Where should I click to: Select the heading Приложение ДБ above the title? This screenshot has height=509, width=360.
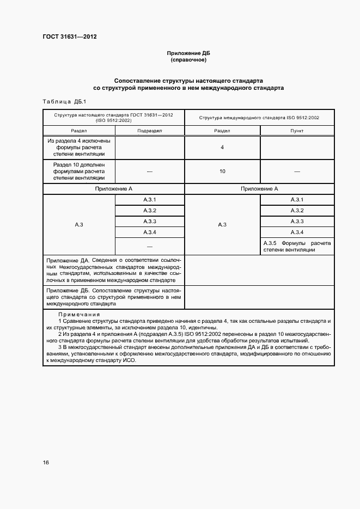coord(188,53)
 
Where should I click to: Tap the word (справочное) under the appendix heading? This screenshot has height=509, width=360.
coord(188,60)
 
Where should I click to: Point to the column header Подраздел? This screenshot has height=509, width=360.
coord(150,131)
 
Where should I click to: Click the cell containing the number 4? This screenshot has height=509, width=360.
coord(222,148)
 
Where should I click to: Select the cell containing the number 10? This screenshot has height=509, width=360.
coord(222,171)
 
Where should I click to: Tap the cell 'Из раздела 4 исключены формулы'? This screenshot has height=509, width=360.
coord(79,148)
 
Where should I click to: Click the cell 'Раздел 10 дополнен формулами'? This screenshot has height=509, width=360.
coord(79,171)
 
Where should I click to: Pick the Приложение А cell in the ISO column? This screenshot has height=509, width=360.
coord(259,188)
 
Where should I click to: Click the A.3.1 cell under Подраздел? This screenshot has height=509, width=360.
coord(150,200)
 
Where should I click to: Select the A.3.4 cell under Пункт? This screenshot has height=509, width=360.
coord(297,232)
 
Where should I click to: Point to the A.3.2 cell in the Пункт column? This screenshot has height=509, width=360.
coord(297,211)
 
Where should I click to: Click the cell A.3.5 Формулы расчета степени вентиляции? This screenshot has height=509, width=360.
coord(297,246)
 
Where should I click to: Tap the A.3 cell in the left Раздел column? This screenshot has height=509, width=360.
coord(79,224)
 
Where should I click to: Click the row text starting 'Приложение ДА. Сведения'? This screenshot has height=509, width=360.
coord(114,271)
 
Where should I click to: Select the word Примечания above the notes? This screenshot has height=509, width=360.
coord(79,314)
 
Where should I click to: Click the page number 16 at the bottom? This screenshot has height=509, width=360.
coord(46,462)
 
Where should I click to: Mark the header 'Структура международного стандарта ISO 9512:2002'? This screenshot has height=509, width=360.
coord(259,118)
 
